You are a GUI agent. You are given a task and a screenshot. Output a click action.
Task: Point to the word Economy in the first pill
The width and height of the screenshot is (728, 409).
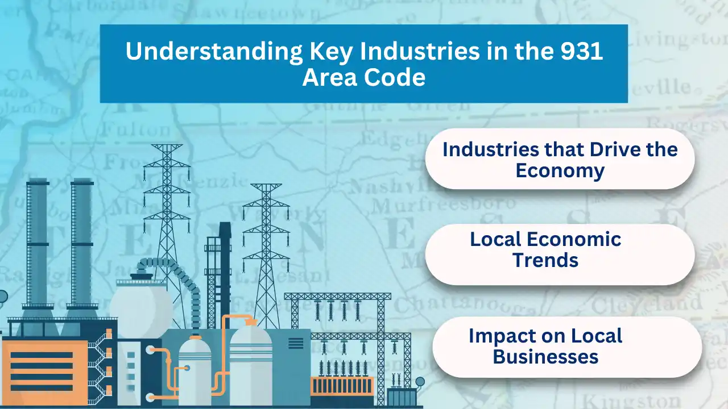560,170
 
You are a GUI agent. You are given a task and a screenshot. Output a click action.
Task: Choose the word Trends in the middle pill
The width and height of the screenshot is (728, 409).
545,260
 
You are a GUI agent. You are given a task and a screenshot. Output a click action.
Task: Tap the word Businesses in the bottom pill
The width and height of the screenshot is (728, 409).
545,357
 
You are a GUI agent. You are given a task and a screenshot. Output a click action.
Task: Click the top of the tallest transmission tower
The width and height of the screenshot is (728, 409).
167,148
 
